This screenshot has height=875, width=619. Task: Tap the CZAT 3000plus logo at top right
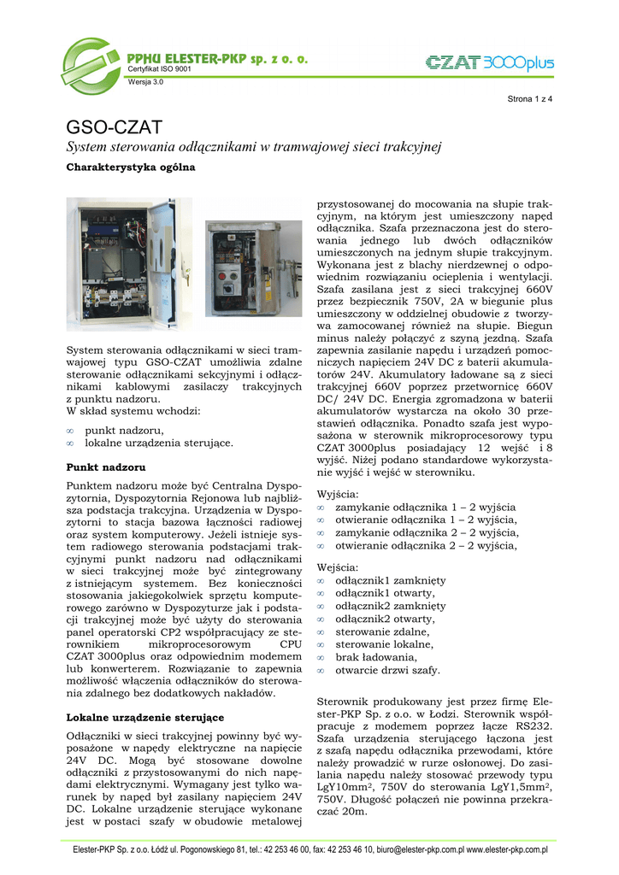coord(490,62)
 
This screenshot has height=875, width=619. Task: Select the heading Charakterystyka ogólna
coord(131,167)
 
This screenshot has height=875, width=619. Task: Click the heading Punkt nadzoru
coord(106,467)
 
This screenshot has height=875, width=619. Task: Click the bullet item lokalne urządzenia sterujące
coord(159,443)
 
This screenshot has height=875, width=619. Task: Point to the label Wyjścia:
coord(339,494)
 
